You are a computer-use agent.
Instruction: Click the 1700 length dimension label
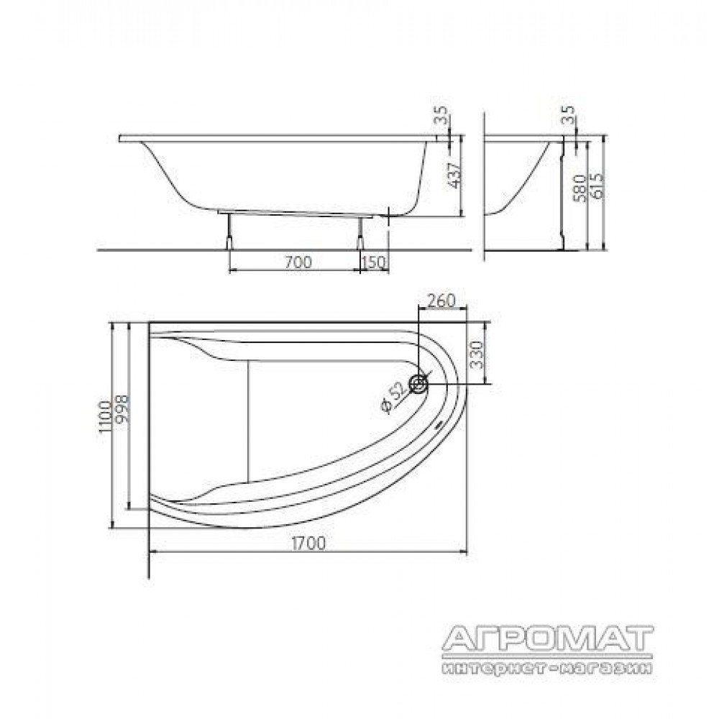coord(308,543)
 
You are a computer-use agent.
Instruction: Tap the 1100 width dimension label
coord(105,417)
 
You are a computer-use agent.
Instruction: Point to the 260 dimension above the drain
coord(441,301)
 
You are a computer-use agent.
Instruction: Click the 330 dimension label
coord(477,354)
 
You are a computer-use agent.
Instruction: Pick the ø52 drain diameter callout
coord(392,397)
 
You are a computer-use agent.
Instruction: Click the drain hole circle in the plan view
coord(418,383)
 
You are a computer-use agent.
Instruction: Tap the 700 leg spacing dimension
coord(298,262)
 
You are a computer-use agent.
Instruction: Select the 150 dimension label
coord(374,262)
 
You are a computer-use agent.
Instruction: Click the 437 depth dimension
coord(454,175)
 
